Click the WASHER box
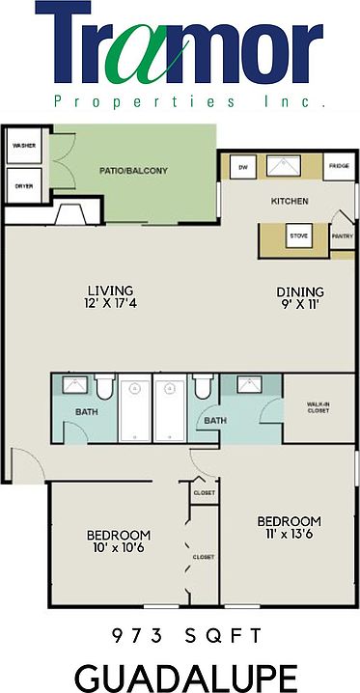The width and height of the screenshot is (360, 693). [23, 147]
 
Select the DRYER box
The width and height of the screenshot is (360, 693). [23, 186]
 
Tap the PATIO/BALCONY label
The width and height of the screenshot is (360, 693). [133, 171]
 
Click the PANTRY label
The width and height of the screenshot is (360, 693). [342, 235]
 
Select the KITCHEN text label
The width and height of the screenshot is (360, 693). [289, 201]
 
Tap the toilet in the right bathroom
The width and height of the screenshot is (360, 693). [202, 389]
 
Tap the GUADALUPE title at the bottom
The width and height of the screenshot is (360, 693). [180, 673]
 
